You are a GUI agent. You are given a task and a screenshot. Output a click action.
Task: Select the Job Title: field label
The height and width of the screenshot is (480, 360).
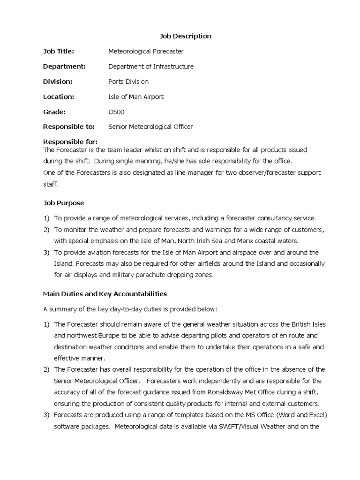click(59, 51)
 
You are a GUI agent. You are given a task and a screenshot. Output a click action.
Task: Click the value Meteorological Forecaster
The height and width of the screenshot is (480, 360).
click(146, 51)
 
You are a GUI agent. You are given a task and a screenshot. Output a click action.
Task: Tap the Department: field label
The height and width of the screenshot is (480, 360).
click(64, 66)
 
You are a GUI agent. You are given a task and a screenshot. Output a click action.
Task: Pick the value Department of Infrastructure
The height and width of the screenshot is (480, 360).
click(150, 66)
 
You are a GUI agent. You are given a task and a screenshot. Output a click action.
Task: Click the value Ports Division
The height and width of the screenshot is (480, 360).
click(128, 82)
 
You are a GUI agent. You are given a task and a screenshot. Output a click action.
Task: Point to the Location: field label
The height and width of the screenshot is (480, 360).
click(59, 97)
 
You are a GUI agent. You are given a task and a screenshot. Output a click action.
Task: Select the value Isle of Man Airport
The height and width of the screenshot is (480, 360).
click(136, 97)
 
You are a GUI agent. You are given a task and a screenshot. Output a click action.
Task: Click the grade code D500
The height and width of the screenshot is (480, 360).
click(116, 112)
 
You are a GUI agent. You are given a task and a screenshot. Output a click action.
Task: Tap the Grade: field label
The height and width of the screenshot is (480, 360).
click(54, 112)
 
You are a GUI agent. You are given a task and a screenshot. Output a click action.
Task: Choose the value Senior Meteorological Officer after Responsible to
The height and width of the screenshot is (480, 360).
click(150, 127)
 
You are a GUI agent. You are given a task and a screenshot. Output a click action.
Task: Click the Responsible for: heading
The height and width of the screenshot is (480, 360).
click(70, 142)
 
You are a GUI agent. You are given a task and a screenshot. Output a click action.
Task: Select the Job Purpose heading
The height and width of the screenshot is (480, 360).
click(63, 202)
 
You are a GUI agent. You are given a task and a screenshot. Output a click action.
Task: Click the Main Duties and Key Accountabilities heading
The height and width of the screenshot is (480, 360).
click(105, 294)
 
